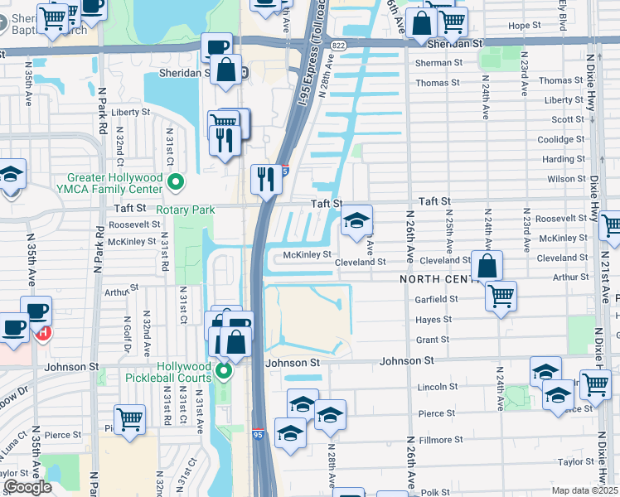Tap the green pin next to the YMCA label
pos(175,181)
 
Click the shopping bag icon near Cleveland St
pos(487,267)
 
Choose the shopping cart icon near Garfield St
pos(501,297)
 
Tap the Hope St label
pos(524,26)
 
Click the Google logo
pos(27,487)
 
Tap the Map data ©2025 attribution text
pos(584,490)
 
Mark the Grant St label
pos(433,340)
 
